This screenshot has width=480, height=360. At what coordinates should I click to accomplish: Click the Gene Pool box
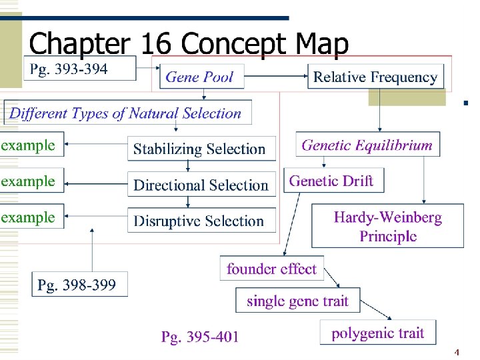click(199, 77)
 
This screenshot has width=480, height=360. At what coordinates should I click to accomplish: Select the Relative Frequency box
click(375, 77)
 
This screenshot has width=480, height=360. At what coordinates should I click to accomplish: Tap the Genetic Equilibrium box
click(367, 145)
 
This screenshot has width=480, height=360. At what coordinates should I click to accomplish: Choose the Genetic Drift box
click(332, 181)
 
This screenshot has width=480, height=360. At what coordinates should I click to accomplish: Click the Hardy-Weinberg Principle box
click(388, 226)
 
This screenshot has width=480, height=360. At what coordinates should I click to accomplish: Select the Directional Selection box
click(201, 185)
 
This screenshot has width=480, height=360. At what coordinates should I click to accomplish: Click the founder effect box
click(271, 269)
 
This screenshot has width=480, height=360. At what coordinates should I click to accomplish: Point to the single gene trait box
click(297, 301)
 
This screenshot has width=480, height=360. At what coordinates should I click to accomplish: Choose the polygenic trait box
click(378, 333)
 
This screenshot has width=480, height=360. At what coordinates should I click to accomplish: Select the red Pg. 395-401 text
click(199, 337)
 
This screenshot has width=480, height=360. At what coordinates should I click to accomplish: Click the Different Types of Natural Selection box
click(126, 113)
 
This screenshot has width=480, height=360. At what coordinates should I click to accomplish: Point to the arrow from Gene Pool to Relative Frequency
click(275, 77)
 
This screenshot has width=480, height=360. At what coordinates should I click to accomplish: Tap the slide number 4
click(457, 351)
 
